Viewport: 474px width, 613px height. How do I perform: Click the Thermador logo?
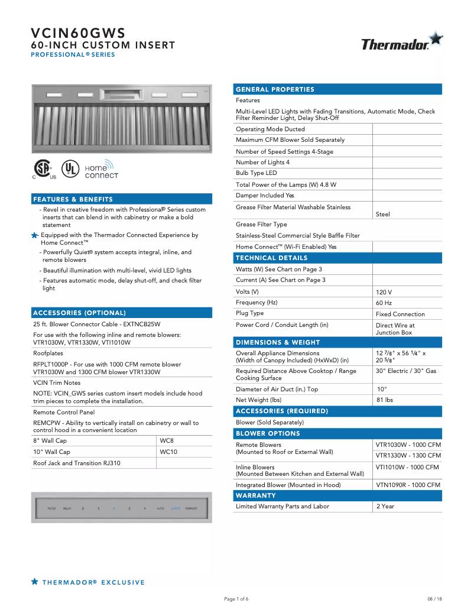401,43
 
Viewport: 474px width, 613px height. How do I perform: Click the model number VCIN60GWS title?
78,33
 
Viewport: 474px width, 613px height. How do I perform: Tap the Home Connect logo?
101,171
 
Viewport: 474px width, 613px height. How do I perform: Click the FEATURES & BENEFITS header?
73,199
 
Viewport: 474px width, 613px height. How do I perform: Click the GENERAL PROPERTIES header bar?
275,89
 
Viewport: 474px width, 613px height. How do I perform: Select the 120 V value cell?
384,292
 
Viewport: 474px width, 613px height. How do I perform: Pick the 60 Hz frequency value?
384,303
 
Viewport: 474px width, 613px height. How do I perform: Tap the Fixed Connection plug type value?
400,314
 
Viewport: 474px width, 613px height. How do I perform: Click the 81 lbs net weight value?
385,400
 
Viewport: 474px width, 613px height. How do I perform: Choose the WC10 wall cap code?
168,452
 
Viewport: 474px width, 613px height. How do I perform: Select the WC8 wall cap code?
167,441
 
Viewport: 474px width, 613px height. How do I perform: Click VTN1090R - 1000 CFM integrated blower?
408,485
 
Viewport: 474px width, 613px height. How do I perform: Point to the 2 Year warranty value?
385,507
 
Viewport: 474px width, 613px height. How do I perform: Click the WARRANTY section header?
256,495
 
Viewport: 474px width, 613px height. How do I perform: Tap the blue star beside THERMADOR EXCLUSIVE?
35,582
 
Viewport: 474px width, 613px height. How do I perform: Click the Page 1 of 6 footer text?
236,599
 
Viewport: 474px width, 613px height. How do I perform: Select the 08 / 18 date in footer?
434,599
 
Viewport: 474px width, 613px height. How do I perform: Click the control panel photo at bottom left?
121,508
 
